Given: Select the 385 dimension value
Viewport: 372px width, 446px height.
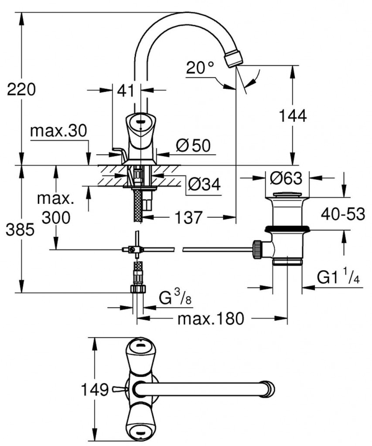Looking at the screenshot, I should point(20,230).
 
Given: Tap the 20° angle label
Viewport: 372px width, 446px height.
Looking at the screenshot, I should point(200,68).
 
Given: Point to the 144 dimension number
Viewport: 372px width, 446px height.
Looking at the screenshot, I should point(293,115).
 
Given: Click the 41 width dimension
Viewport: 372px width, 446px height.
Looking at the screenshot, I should point(125,91).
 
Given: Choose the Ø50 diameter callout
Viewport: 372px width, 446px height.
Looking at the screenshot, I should point(193,146).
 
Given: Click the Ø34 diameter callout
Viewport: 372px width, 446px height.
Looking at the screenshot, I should point(204,186).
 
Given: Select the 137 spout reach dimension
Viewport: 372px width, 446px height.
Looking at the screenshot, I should point(190,217).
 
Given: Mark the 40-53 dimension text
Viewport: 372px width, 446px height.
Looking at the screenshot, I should point(343,214).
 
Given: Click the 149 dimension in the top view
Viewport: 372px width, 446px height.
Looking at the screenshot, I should point(94,389).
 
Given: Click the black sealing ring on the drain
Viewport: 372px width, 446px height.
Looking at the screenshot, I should point(287,228).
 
